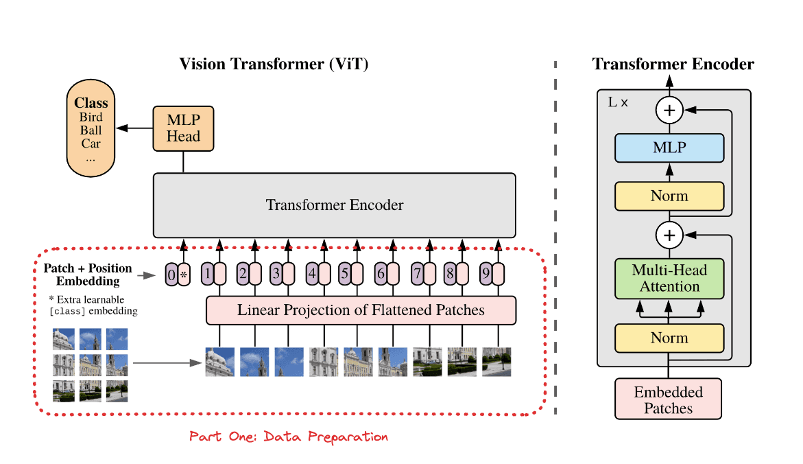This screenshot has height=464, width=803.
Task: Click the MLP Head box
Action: (183, 128)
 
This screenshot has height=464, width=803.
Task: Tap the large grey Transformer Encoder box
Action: (334, 205)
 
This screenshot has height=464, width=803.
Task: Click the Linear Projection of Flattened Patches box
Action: (361, 310)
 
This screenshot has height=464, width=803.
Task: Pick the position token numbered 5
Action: (346, 274)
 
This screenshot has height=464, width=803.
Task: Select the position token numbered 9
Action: (486, 274)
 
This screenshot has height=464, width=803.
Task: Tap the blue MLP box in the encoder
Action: (669, 148)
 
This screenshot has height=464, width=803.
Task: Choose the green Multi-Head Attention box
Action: (669, 279)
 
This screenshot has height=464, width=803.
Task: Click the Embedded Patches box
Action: (669, 400)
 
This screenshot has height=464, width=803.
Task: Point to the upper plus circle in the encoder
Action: (669, 109)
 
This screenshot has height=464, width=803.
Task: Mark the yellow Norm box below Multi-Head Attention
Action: (669, 338)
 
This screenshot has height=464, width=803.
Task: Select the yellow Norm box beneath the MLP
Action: (669, 196)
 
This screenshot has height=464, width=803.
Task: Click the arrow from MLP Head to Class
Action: (134, 128)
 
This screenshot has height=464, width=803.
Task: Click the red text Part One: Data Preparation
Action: (289, 437)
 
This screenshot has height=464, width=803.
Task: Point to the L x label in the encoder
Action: (619, 102)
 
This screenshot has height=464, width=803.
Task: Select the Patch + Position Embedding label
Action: (87, 274)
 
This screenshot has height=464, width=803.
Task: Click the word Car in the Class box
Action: (91, 143)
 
